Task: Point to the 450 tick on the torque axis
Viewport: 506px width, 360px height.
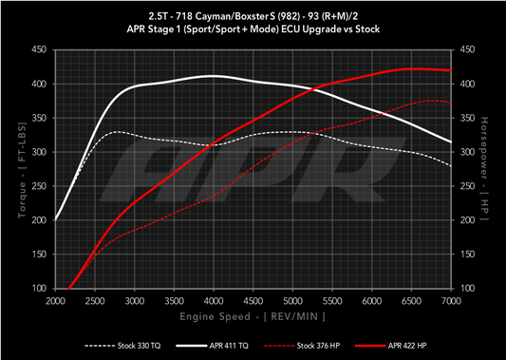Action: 40,49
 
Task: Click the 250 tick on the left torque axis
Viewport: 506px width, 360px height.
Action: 40,185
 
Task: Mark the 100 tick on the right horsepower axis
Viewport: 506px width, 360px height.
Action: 467,288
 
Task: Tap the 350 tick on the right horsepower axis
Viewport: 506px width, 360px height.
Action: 467,118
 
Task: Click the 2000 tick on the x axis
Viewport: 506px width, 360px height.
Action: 56,299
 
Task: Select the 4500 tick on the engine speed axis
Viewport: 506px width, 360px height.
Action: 253,299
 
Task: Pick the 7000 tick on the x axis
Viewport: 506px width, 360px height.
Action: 451,299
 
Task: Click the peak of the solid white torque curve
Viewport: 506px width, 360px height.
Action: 215,76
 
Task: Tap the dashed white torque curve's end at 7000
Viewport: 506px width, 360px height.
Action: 451,165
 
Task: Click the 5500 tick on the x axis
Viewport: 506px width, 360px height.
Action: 332,299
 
